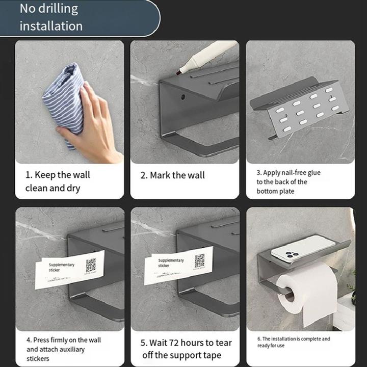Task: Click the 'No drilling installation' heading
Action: click(51, 17)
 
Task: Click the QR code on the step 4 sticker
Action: click(91, 265)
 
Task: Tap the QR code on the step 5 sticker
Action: click(200, 260)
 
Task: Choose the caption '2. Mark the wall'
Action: click(172, 175)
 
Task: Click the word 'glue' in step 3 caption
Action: click(313, 173)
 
